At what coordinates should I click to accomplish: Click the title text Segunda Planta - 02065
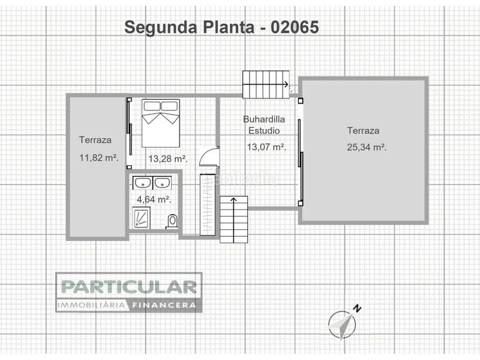coord(220,27)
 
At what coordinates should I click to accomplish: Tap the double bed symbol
coord(161,122)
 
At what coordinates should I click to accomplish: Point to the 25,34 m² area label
coord(366,147)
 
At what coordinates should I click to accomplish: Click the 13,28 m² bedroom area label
coord(167,159)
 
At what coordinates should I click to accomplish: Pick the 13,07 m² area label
coord(266,146)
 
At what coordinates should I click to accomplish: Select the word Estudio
coord(264,130)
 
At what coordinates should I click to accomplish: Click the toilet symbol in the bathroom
coord(173,221)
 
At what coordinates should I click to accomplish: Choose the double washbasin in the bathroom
coord(153,182)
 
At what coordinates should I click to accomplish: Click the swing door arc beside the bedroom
coord(208,156)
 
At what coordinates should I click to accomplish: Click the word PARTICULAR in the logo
coord(128,286)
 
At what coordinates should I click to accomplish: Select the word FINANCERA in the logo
coord(164,305)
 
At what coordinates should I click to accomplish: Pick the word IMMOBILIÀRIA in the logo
coord(91,305)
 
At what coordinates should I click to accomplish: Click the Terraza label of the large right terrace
coord(363,131)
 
